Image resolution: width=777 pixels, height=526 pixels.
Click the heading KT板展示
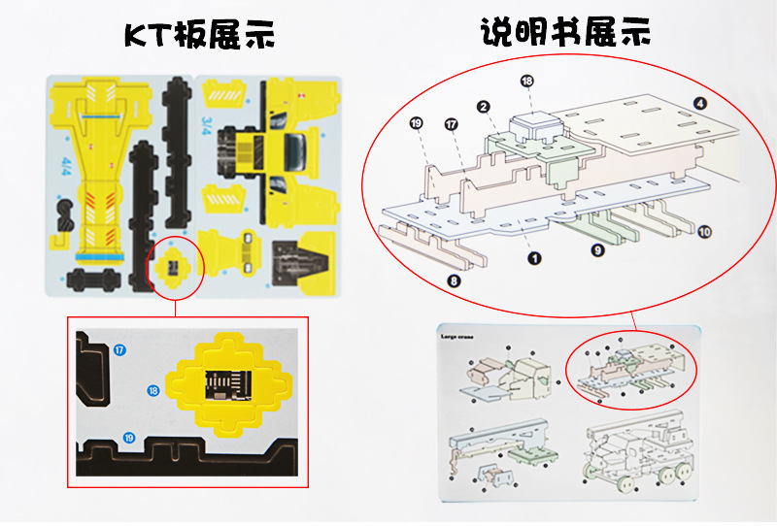click(199, 35)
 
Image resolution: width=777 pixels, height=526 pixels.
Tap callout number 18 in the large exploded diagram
click(527, 82)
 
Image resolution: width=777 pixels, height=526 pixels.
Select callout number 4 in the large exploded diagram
click(700, 102)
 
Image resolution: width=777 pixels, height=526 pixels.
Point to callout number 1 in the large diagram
click(533, 258)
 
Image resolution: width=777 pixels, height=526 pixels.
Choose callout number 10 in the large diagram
click(704, 232)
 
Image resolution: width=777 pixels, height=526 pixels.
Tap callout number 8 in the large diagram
click(453, 281)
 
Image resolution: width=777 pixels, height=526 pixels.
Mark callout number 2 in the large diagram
click(482, 106)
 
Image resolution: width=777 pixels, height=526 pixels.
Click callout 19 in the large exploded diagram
click(417, 123)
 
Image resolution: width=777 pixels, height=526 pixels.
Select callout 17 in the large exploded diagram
click(451, 124)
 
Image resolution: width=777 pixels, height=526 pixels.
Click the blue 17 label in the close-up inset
click(119, 349)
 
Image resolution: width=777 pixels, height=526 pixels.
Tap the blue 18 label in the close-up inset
click(153, 390)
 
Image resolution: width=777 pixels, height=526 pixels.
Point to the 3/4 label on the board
click(211, 124)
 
